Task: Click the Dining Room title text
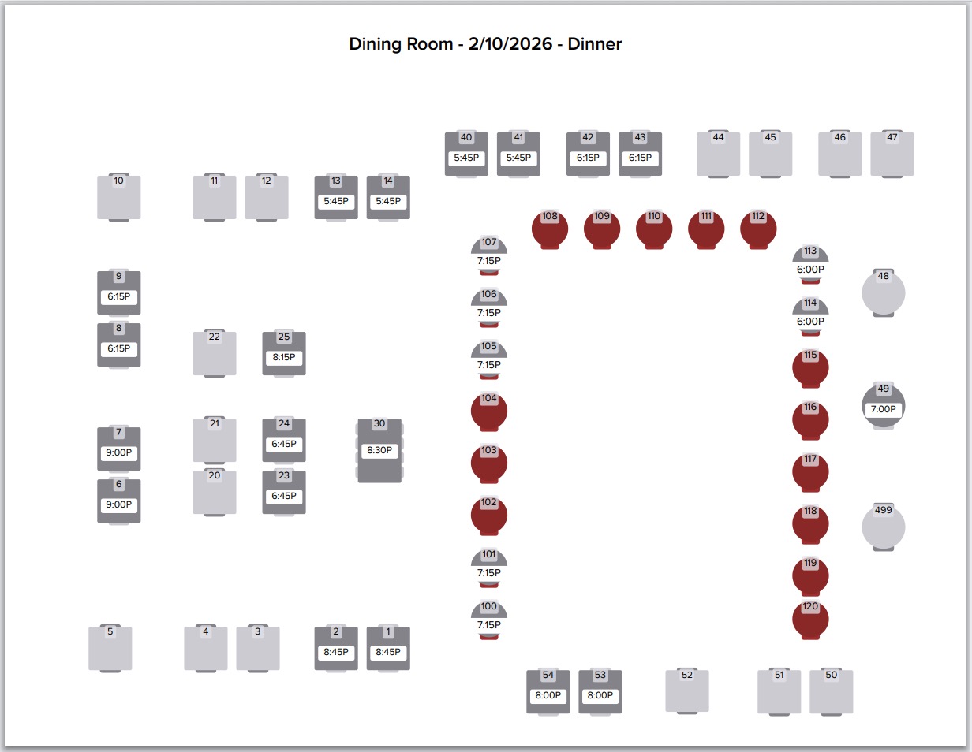tap(485, 44)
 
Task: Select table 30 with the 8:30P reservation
tap(379, 450)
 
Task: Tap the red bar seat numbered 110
tap(654, 229)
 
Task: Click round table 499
tap(883, 527)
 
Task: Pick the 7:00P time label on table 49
tap(883, 410)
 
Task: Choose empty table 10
tap(119, 198)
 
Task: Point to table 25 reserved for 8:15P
tap(284, 354)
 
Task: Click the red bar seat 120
tap(810, 620)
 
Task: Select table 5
tap(110, 648)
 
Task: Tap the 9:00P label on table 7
tap(119, 453)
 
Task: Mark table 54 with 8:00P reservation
tap(548, 692)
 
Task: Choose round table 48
tap(883, 293)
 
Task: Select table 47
tap(892, 154)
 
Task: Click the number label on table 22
tap(215, 337)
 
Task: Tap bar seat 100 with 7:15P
tap(489, 619)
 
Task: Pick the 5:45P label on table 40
tap(466, 158)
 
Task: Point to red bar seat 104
tap(489, 411)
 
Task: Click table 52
tap(687, 691)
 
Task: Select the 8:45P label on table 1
tap(388, 653)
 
